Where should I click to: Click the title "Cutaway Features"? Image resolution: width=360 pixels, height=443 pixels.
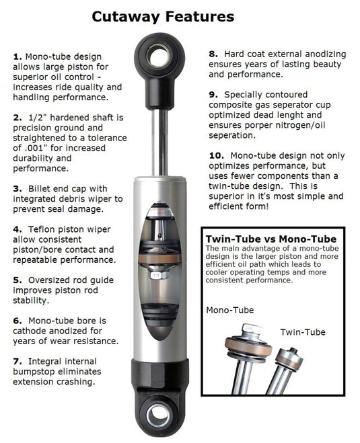[163, 16]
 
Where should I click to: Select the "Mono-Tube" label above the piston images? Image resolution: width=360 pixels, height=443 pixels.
[230, 310]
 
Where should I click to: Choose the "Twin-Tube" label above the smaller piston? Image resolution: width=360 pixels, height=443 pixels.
[302, 332]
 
